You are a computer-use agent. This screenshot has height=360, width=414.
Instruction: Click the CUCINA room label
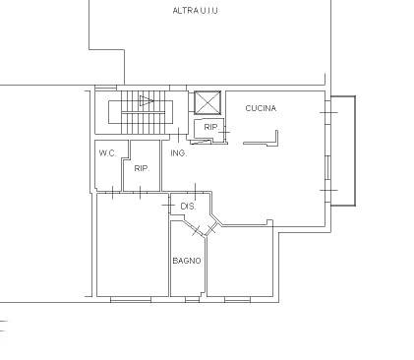(261, 108)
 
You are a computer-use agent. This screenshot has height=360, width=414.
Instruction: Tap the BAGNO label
(187, 261)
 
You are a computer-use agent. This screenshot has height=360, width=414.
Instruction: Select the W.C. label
(107, 153)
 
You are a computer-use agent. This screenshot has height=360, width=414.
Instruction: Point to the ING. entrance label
(179, 153)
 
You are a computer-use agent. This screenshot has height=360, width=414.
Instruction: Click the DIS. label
(188, 207)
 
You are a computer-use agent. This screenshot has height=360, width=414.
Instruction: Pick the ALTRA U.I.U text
(195, 11)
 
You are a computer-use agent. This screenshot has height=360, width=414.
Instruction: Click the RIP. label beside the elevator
(211, 127)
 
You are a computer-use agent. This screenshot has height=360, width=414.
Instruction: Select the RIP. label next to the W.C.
(142, 168)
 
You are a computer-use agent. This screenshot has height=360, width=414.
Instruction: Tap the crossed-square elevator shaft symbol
(207, 102)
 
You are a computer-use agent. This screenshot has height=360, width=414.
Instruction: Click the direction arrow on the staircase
(147, 100)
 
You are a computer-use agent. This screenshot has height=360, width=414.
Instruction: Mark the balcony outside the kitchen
(343, 150)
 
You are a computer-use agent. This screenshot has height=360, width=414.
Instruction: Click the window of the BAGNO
(192, 299)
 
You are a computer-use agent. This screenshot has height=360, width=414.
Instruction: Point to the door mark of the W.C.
(113, 192)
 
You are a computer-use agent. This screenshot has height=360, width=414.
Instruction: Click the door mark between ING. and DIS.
(196, 192)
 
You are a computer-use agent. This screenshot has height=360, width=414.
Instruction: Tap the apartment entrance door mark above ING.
(179, 135)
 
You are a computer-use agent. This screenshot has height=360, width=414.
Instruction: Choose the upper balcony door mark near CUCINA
(328, 112)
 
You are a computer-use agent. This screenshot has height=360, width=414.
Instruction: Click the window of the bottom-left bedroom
(131, 299)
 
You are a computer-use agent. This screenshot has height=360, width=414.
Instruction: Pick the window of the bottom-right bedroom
(237, 299)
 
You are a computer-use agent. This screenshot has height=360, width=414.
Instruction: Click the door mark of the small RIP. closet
(224, 132)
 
